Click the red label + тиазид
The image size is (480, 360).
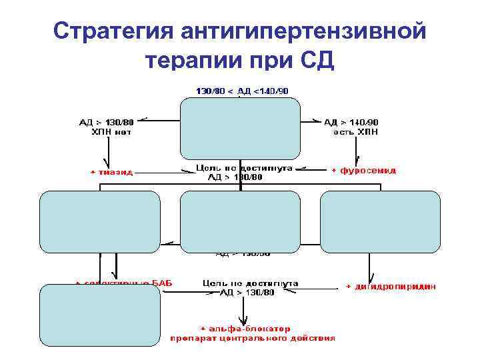[112, 172]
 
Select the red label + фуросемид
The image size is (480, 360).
[363, 171]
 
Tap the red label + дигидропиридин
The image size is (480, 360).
[391, 287]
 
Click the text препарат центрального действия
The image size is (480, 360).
[252, 338]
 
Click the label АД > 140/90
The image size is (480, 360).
[351, 122]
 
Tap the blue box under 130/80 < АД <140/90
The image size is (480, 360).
[240, 127]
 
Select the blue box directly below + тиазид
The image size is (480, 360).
[100, 220]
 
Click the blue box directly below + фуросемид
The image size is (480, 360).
[380, 220]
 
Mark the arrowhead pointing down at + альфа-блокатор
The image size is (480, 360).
[246, 319]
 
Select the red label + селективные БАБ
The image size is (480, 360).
[124, 283]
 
